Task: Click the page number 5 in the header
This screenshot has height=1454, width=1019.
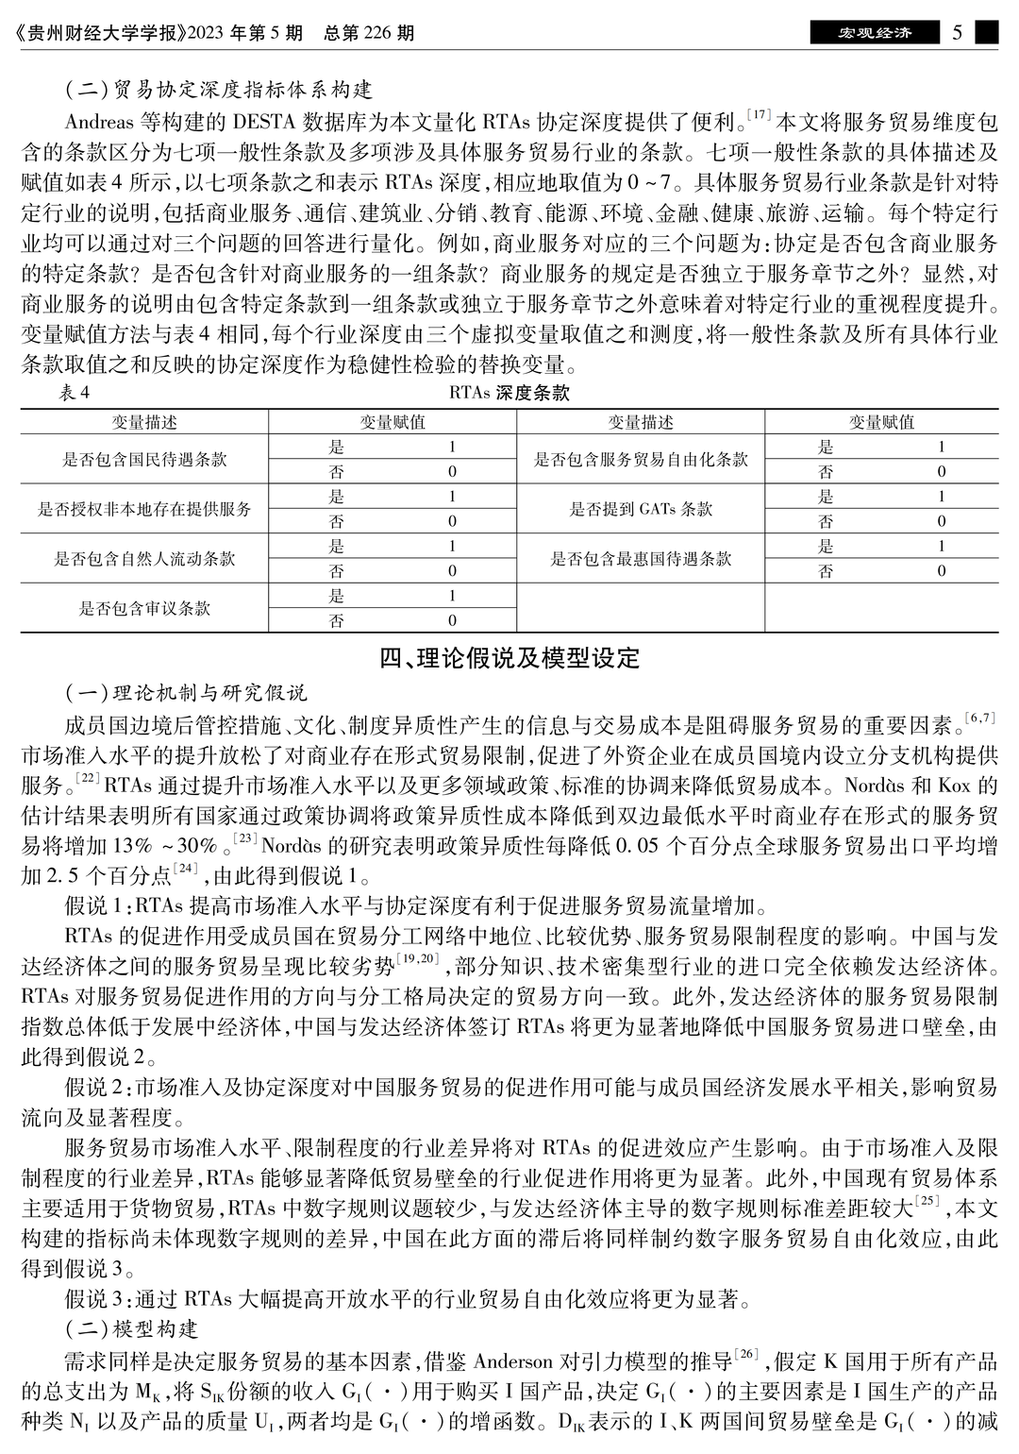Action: [957, 33]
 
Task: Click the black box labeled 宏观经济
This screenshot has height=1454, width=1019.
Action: [875, 33]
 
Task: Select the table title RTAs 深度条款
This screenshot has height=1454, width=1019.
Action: [509, 393]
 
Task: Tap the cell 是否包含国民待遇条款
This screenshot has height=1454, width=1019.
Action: [144, 460]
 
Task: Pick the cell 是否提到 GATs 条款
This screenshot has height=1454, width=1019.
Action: [641, 509]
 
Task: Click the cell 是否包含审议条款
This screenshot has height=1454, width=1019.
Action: [144, 609]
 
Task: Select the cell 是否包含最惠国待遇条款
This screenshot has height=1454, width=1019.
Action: [641, 559]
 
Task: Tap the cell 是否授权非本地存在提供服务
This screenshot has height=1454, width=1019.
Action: [144, 509]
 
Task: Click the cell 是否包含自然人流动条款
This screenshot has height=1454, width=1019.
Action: [144, 559]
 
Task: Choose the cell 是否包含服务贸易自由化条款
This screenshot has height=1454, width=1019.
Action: [641, 460]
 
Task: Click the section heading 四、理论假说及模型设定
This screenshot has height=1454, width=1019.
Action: [509, 658]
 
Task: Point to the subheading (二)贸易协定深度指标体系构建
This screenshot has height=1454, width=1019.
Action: [218, 90]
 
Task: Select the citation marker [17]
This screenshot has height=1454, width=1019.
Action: [759, 115]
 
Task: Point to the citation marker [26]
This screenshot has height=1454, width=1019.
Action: [745, 1356]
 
